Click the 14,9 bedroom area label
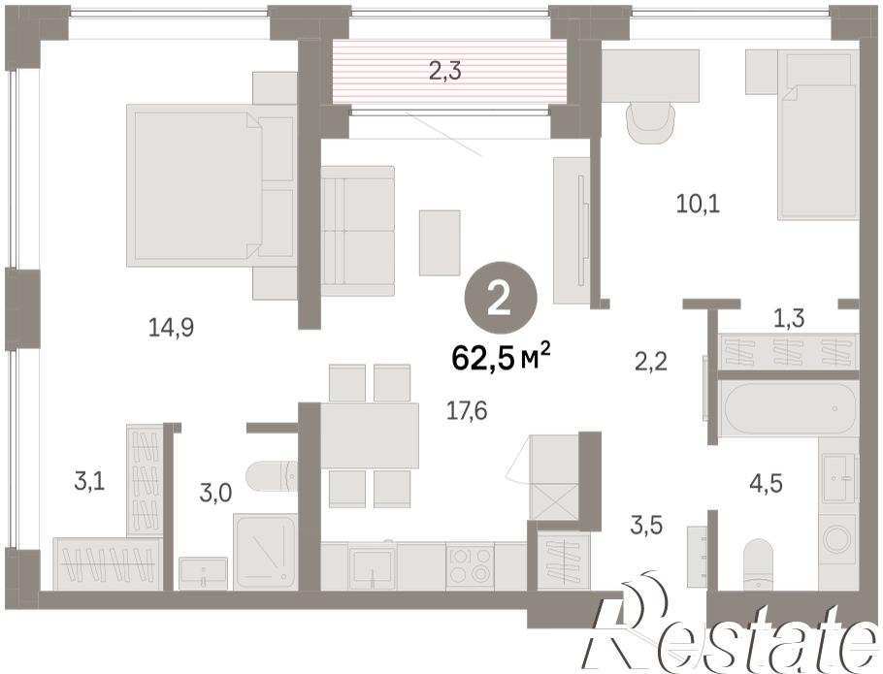(x=171, y=327)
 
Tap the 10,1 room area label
(x=699, y=203)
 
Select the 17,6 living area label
(x=467, y=410)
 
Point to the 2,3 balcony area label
(x=445, y=72)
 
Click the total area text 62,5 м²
(x=501, y=360)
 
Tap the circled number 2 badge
(x=500, y=300)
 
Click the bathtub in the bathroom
(x=791, y=408)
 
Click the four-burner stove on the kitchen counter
(x=471, y=565)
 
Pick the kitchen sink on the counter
(x=373, y=566)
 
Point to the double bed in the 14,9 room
(x=212, y=185)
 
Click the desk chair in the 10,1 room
(x=651, y=123)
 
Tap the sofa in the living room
(x=358, y=231)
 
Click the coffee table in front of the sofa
(x=440, y=242)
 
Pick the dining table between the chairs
(x=370, y=435)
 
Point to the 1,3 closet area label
(x=788, y=319)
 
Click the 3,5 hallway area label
(x=646, y=525)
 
